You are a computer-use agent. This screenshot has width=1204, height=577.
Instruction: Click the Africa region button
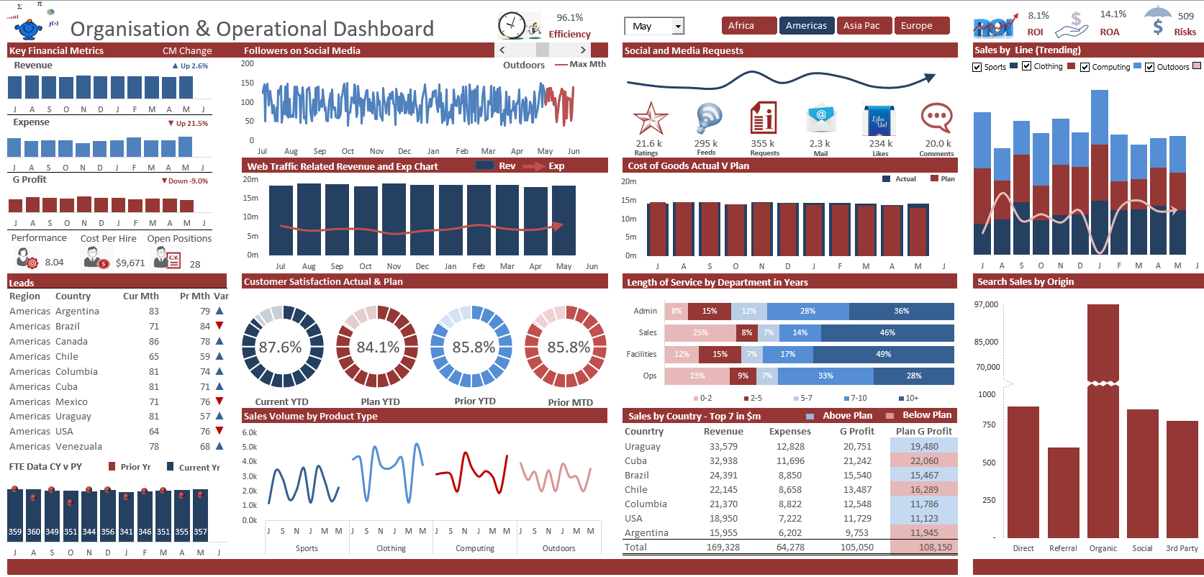point(748,26)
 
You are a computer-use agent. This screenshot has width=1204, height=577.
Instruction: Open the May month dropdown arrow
point(677,27)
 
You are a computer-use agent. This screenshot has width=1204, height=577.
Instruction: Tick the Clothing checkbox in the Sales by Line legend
point(1026,66)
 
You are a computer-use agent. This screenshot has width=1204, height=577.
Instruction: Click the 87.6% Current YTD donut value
point(280,347)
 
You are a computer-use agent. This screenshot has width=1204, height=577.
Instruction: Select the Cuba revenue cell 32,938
point(723,461)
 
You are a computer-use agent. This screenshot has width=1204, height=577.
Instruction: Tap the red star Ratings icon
point(650,118)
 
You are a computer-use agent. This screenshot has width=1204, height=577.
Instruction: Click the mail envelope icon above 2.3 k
point(820,118)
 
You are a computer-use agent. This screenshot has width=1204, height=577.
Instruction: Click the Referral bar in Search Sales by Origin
point(1063,493)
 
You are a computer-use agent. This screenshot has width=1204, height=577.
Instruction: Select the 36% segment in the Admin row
point(901,312)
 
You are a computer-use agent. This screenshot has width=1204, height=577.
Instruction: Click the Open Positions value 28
point(195,264)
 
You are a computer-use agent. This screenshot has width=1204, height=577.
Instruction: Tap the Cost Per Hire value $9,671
point(130,263)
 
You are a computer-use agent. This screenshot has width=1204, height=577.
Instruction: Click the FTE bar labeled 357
point(200,514)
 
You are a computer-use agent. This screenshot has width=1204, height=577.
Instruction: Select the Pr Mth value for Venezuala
point(205,447)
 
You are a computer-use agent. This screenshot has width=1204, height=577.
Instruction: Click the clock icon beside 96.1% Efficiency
point(512,26)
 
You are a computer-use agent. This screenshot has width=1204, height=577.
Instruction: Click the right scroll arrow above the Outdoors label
point(582,50)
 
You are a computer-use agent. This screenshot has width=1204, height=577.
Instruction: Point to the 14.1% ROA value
point(1113,14)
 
